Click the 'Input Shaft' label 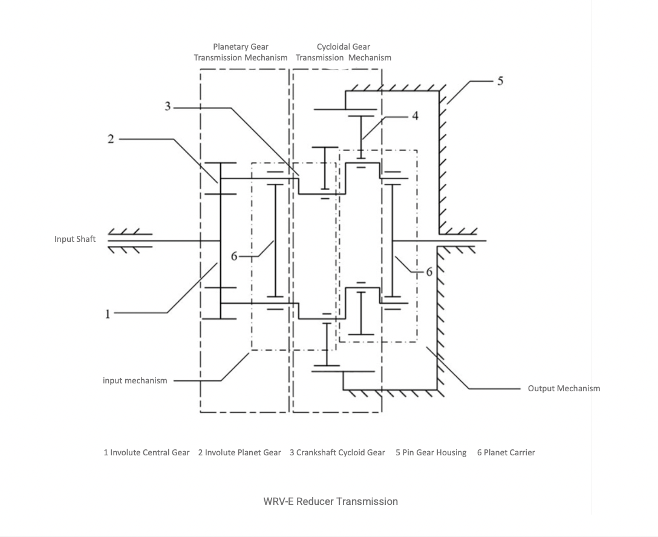pos(75,239)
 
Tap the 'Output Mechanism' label pos(564,388)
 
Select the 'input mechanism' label pos(135,380)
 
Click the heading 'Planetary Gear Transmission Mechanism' pos(241,52)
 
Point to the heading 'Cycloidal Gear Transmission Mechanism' pos(344,52)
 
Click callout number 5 pos(500,80)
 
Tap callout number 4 pos(414,116)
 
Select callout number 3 pos(168,106)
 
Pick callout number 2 pos(111,139)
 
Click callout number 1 pos(108,313)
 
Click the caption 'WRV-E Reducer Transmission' pos(330,501)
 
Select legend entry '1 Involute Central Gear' pos(146,452)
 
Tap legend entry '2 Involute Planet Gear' pos(239,452)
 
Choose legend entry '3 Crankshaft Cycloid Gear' pos(337,452)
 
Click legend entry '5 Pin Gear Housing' pos(431,452)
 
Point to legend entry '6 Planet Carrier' pos(506,452)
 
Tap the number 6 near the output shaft pos(429,272)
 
